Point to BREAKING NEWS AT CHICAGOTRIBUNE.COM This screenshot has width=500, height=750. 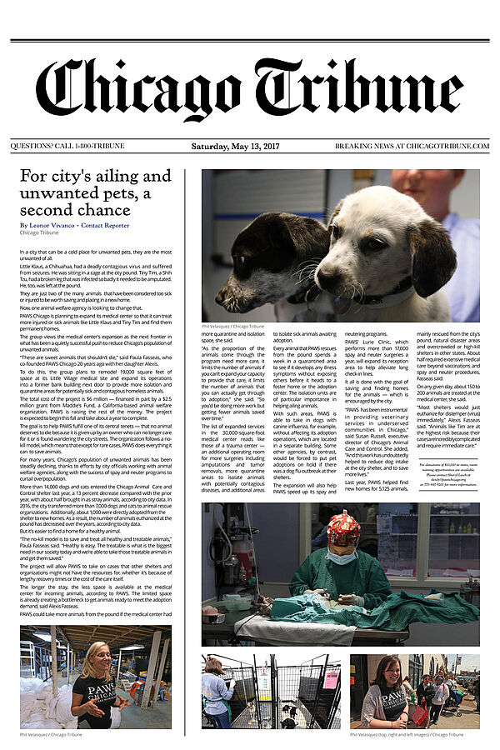412,146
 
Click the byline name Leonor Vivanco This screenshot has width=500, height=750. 52,225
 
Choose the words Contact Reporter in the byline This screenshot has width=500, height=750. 105,225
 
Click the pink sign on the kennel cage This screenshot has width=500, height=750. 330,679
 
